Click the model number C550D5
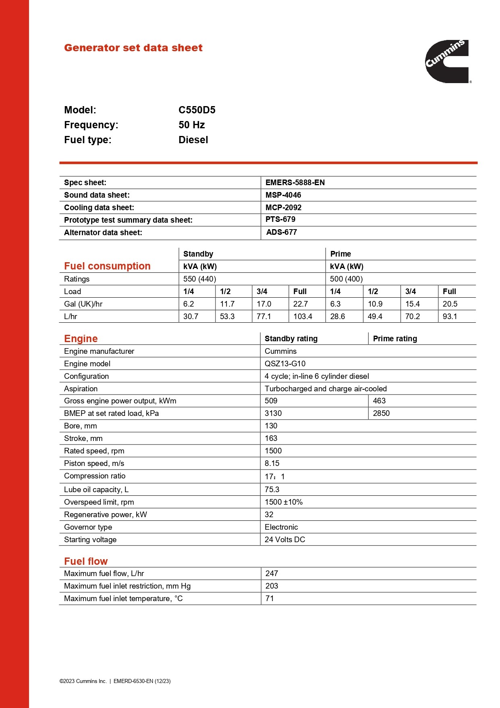tap(197, 110)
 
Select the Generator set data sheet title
tap(133, 48)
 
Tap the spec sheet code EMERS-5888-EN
tap(295, 183)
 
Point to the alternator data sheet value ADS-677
tap(281, 232)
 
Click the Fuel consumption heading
tap(107, 266)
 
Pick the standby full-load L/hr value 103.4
tap(303, 317)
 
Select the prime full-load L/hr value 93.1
tap(450, 317)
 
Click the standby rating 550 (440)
tap(199, 279)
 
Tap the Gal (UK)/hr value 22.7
tap(300, 304)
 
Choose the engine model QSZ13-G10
tap(285, 364)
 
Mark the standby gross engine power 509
tap(271, 401)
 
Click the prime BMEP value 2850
tap(381, 414)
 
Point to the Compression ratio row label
tap(95, 476)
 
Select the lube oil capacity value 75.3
tap(272, 490)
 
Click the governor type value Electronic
tap(281, 527)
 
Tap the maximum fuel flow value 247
tap(272, 574)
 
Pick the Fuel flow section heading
tap(86, 562)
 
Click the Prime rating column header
tap(395, 339)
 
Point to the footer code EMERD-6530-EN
tap(133, 681)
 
